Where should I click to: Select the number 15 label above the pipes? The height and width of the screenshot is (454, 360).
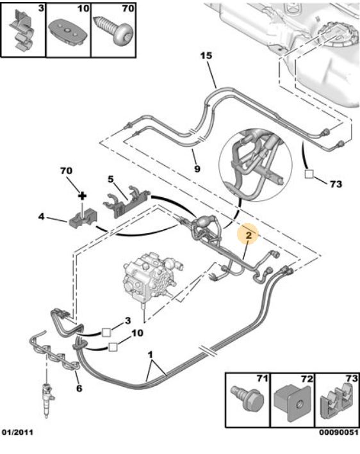point(205,56)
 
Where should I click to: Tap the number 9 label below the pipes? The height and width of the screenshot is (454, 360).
point(197,169)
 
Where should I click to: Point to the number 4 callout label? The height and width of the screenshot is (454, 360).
point(41,217)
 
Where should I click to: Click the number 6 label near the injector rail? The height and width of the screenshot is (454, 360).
point(79,388)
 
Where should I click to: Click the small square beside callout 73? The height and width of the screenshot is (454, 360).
point(310,174)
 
